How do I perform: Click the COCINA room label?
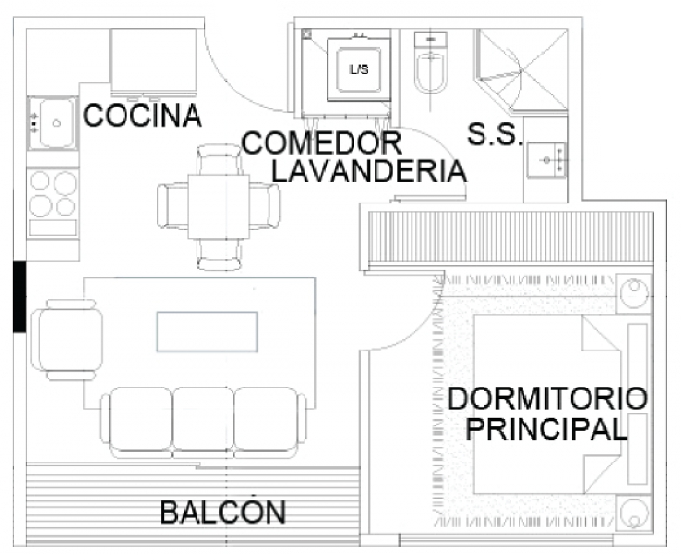[142, 116]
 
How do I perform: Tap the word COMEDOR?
[322, 143]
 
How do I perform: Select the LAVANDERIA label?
[369, 170]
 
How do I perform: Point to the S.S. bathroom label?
[494, 133]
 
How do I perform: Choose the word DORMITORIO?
[548, 399]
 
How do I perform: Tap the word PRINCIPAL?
[547, 428]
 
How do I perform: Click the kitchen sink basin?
[53, 124]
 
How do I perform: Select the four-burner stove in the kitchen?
[53, 203]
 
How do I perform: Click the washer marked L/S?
[359, 69]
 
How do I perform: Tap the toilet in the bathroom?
[430, 63]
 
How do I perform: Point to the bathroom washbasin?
[547, 160]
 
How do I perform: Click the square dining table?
[219, 206]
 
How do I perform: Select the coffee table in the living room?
[206, 332]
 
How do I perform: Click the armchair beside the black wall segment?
[68, 340]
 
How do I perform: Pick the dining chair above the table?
[219, 160]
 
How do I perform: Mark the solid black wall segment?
[19, 297]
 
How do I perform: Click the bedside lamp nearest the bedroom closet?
[634, 293]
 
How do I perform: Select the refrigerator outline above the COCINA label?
[153, 61]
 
